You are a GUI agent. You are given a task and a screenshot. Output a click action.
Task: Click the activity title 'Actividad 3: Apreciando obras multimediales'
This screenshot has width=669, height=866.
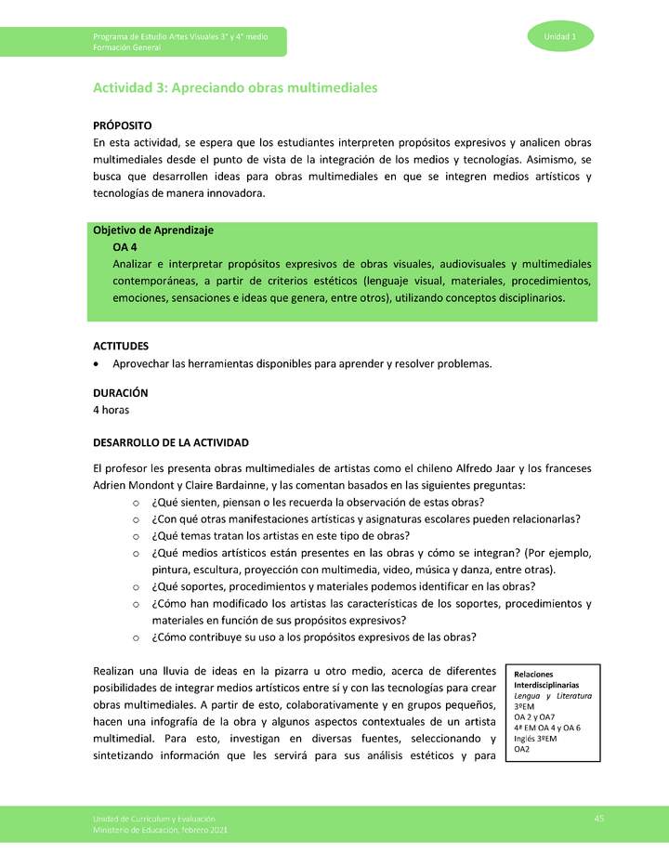[x=235, y=88]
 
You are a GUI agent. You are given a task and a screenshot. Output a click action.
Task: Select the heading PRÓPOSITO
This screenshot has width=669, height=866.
[x=123, y=125]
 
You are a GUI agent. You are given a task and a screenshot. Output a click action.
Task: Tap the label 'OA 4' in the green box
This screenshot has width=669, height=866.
[x=126, y=248]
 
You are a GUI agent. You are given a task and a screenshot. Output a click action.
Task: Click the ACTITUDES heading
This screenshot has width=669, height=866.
[x=121, y=346]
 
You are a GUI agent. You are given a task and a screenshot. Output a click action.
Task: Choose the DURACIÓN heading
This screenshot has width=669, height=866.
[x=120, y=393]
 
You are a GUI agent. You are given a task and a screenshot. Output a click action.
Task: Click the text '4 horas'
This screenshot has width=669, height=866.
[x=111, y=410]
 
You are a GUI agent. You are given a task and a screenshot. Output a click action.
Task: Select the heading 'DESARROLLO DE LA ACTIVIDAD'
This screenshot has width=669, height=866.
[x=171, y=441]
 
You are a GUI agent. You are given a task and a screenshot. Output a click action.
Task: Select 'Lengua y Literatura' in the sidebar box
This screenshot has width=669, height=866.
[x=553, y=696]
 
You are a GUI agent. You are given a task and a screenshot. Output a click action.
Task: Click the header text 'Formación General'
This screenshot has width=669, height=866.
[x=127, y=46]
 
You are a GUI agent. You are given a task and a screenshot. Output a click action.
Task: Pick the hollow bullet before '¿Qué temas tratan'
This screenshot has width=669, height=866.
[x=136, y=536]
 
